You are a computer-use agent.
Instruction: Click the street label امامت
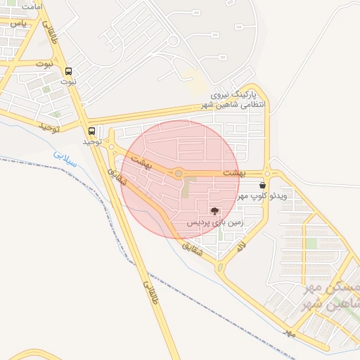tap(32, 6)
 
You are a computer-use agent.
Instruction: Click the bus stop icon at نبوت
tap(68, 71)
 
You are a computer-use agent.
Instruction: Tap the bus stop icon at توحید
tap(92, 131)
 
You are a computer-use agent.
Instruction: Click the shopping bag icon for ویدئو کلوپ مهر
tap(263, 185)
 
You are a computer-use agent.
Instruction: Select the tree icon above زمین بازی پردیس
tap(214, 210)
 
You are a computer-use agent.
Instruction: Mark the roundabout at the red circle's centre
tap(179, 173)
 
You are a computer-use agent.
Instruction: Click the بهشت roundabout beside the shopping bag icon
tap(268, 174)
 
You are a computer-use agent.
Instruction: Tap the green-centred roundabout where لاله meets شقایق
tap(221, 267)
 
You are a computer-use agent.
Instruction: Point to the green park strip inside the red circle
tap(186, 188)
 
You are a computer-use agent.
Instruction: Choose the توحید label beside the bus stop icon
tap(92, 142)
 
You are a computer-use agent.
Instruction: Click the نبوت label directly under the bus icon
tap(68, 82)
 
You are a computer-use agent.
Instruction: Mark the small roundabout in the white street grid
tap(173, 41)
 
